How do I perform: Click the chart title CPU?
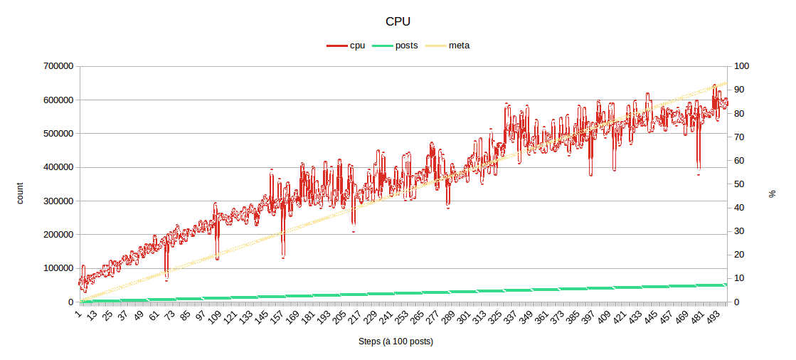(x=397, y=21)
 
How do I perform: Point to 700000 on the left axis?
(x=58, y=66)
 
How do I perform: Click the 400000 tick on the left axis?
(x=58, y=167)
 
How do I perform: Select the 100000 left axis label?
(x=58, y=268)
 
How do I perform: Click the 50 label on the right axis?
(x=741, y=184)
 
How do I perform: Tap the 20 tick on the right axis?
(x=741, y=255)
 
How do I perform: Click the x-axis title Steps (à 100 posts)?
(x=396, y=342)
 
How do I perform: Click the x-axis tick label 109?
(x=214, y=317)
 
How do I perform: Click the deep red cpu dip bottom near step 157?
(x=283, y=257)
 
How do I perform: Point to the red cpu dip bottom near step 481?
(x=699, y=174)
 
